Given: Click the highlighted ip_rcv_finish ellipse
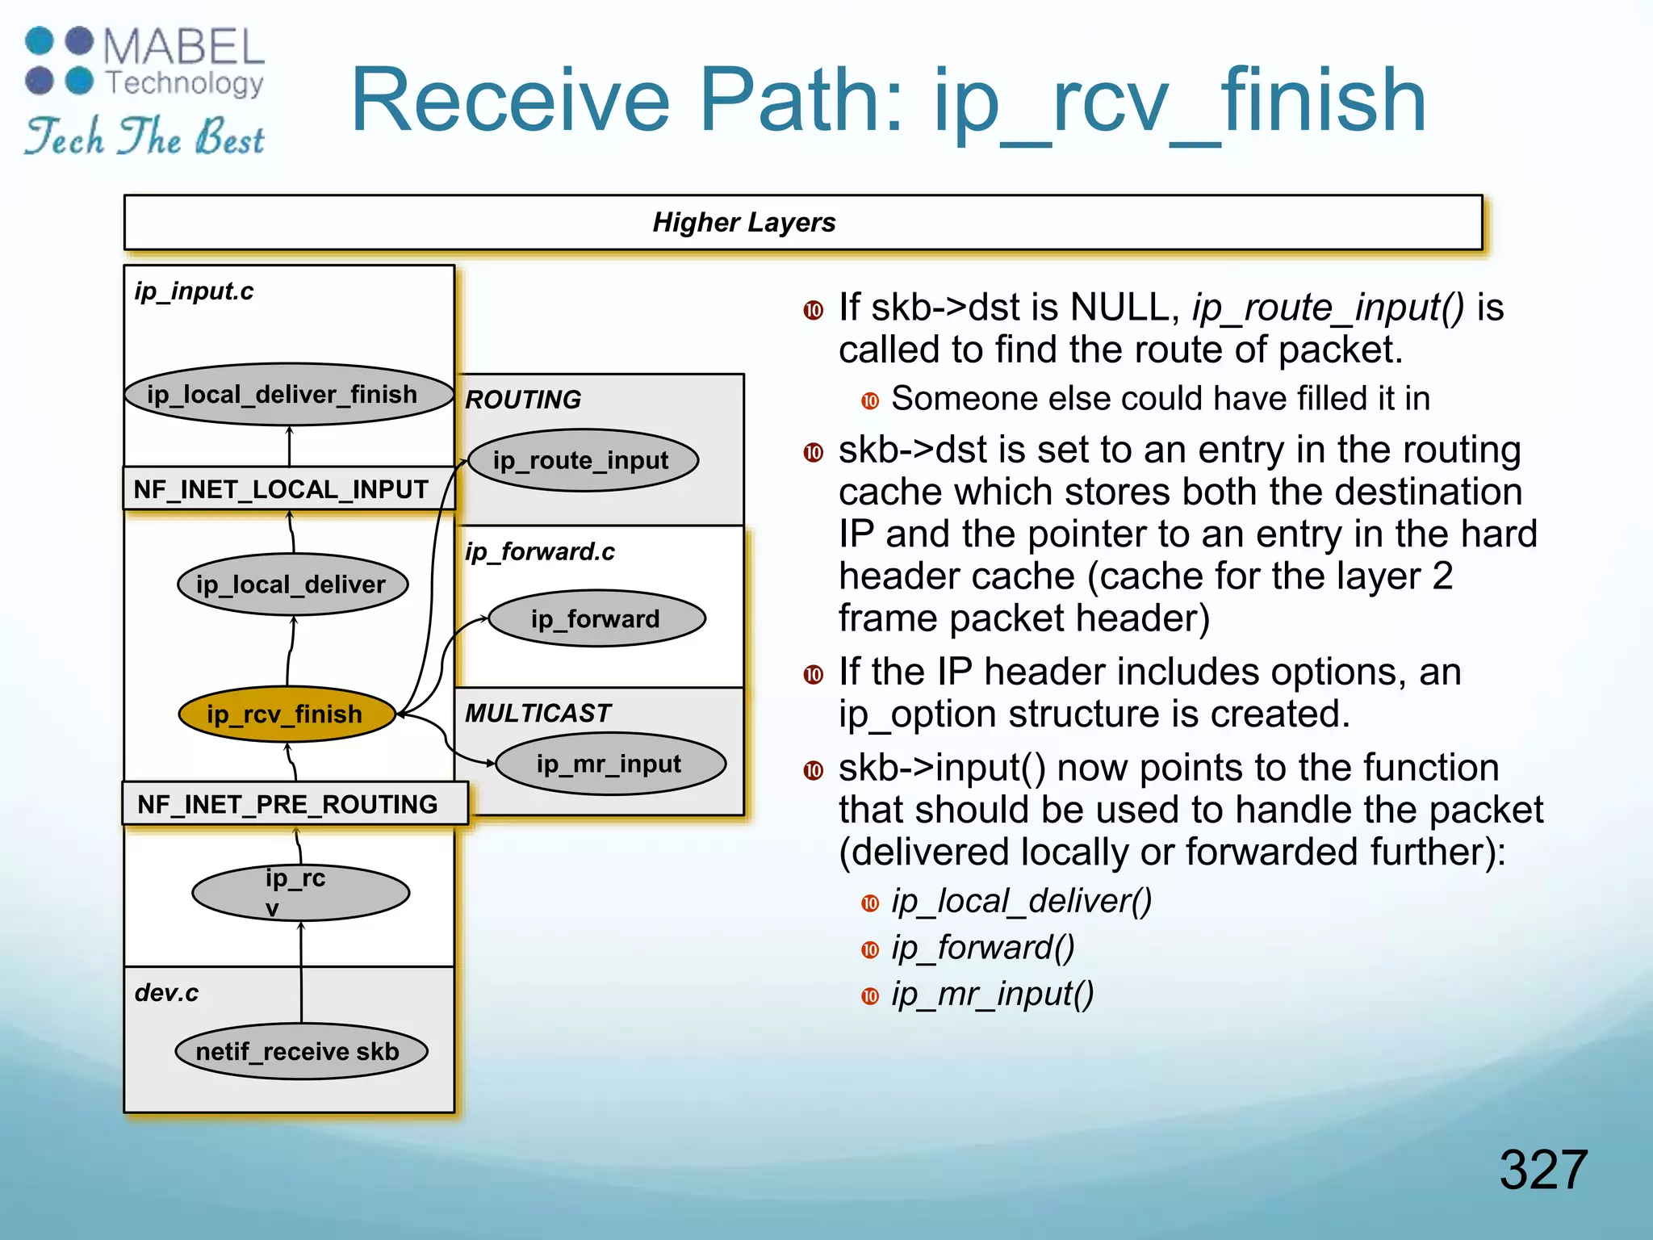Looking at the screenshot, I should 287,714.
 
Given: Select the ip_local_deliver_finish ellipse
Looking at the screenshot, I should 288,394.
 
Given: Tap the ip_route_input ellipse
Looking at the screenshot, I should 582,460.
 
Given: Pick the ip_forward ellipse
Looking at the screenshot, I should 596,618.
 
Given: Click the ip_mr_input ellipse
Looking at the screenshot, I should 610,764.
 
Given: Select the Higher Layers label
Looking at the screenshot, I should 743,222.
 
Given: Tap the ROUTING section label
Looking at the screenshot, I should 523,400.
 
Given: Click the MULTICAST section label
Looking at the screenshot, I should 538,713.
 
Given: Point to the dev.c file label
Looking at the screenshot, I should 166,993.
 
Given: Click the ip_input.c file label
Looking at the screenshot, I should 194,291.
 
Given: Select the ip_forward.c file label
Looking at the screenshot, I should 539,552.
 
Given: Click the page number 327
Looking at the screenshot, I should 1542,1169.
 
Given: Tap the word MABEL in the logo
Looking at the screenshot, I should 184,47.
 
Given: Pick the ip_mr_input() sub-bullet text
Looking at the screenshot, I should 992,994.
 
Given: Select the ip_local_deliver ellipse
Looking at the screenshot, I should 291,584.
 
